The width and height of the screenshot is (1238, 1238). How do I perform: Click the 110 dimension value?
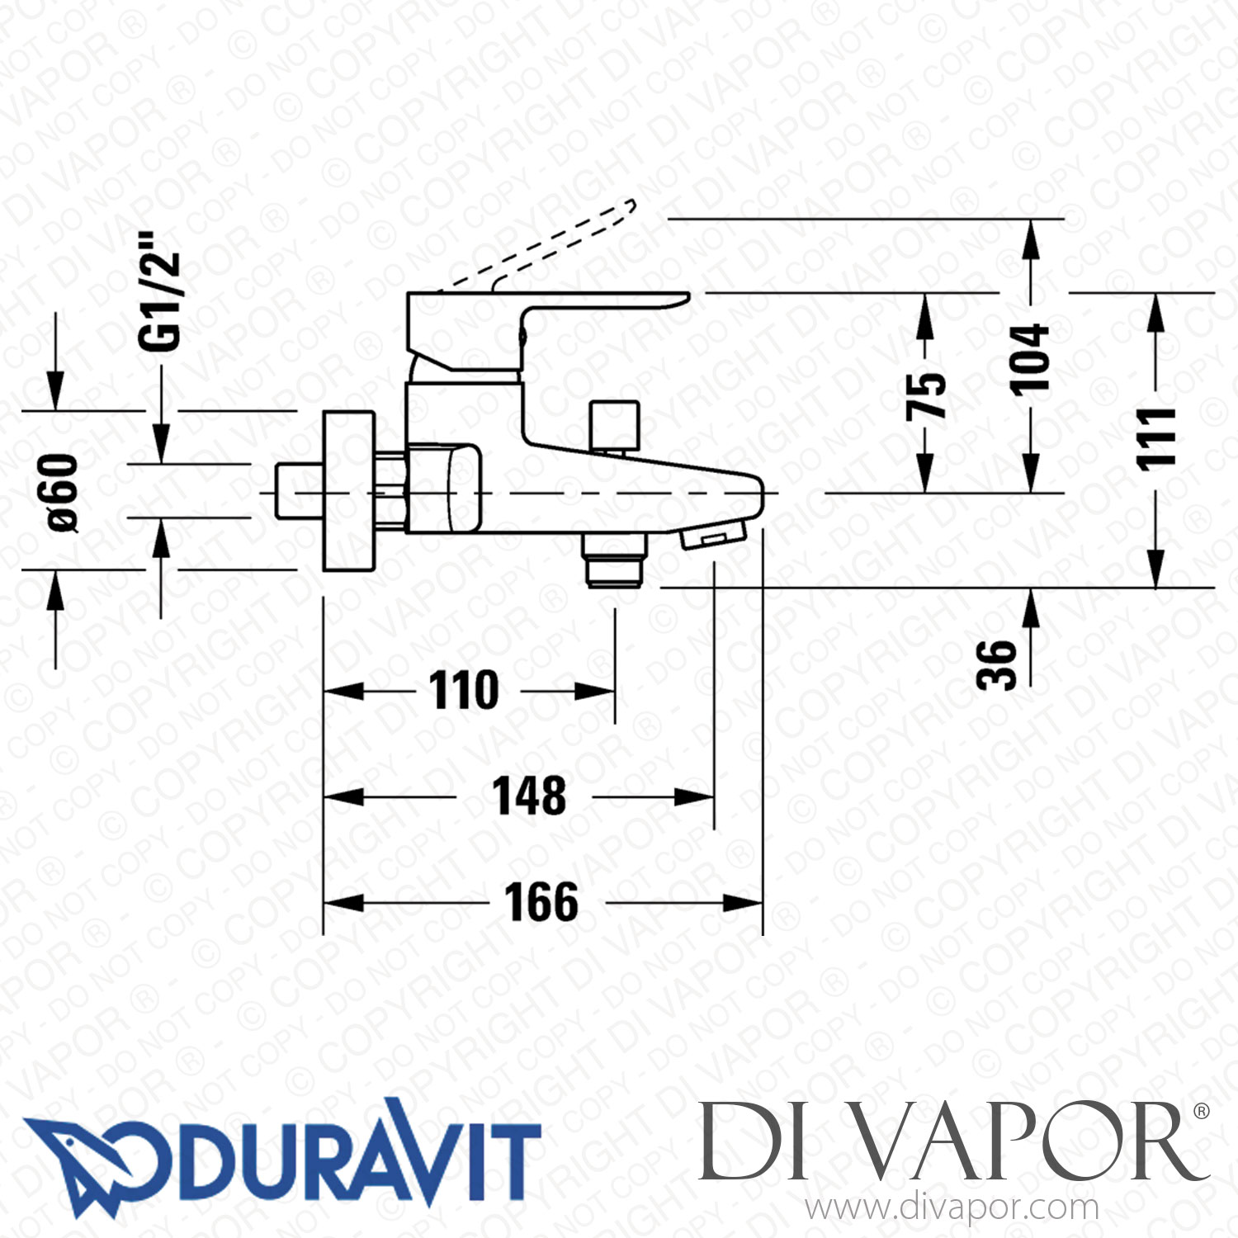464,691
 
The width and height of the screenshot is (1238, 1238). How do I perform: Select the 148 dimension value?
529,796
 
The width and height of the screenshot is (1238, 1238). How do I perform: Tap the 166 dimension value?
541,902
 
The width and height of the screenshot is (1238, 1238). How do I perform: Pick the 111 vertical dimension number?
1156,438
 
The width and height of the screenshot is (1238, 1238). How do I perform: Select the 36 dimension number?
996,664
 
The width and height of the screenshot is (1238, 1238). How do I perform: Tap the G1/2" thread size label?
159,291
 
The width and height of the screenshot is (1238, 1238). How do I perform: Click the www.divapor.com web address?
952,1208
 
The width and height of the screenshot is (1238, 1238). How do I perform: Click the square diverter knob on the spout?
615,423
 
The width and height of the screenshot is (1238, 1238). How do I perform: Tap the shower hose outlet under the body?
614,560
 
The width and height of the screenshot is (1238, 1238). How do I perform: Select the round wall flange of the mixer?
347,491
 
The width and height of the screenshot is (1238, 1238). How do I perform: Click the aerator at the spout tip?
713,536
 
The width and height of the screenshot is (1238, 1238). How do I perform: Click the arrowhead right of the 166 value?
743,903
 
